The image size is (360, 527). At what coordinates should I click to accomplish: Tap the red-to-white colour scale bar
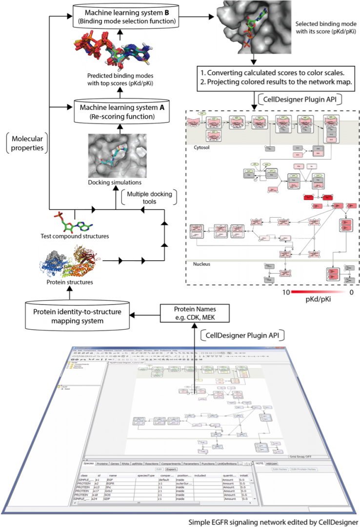[x=320, y=292]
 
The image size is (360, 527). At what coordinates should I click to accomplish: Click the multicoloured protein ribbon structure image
[x=70, y=262]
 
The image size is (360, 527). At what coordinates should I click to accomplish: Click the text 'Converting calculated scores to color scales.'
[x=278, y=73]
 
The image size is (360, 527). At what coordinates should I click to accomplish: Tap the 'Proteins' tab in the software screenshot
[x=102, y=463]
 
